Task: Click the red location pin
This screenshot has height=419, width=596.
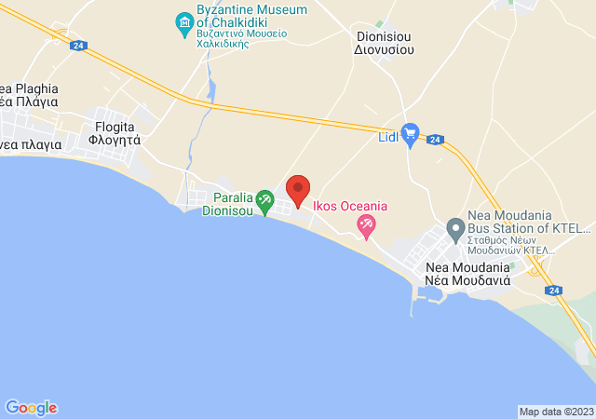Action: [x=298, y=190]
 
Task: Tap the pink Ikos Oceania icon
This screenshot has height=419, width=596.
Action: [x=367, y=224]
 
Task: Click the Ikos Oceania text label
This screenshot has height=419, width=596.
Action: [x=350, y=206]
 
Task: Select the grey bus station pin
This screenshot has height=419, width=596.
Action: [x=455, y=227]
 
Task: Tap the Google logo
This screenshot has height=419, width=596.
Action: [x=31, y=408]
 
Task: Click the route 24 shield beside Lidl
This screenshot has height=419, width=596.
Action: [x=435, y=140]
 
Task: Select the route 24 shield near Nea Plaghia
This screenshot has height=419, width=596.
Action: [x=78, y=44]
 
